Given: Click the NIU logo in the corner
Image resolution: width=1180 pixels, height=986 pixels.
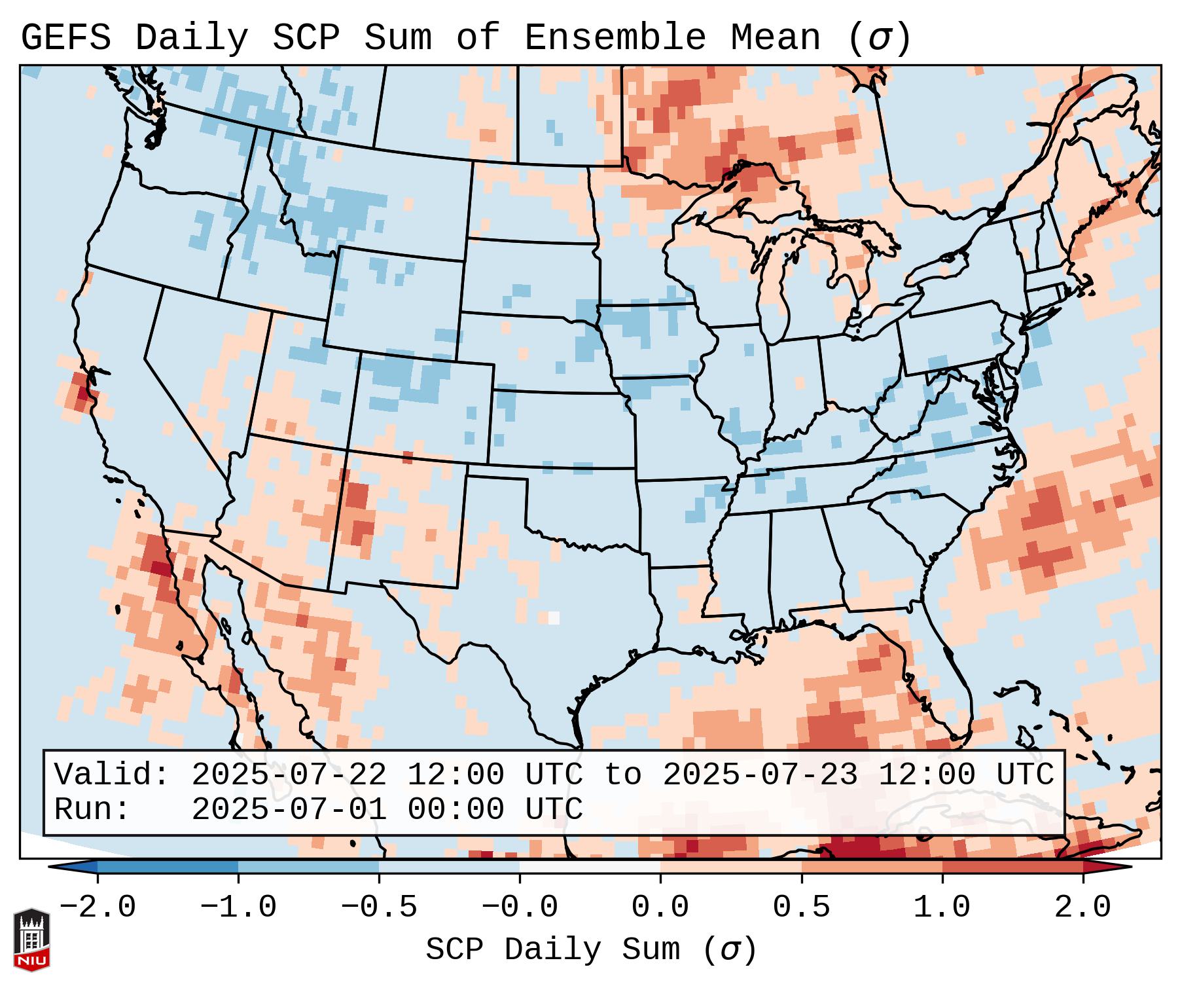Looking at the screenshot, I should pyautogui.click(x=31, y=940).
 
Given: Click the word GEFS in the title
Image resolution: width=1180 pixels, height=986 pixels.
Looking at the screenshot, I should pyautogui.click(x=65, y=38).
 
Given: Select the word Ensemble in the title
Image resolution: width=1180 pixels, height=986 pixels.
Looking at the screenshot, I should pyautogui.click(x=615, y=38).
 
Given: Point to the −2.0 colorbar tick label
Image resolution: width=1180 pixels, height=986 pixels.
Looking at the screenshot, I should pyautogui.click(x=98, y=907).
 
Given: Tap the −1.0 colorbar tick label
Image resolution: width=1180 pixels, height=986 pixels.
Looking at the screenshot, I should pyautogui.click(x=238, y=907).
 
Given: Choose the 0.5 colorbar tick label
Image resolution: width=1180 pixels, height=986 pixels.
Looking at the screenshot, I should pyautogui.click(x=801, y=907).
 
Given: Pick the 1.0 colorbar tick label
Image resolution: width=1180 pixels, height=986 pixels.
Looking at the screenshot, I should pyautogui.click(x=942, y=907).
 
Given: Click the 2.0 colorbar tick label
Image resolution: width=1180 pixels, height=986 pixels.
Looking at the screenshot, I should pyautogui.click(x=1082, y=907).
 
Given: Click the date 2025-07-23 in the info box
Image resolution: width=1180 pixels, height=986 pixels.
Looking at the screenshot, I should pyautogui.click(x=760, y=775).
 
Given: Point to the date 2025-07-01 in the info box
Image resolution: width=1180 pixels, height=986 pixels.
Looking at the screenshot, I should pyautogui.click(x=289, y=809).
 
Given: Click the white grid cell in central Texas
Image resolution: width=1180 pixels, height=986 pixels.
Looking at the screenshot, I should pyautogui.click(x=554, y=617).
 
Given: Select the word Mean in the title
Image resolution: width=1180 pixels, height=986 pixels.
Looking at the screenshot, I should pyautogui.click(x=775, y=38).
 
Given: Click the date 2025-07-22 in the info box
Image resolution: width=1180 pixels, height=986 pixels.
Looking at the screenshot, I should pyautogui.click(x=289, y=775).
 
